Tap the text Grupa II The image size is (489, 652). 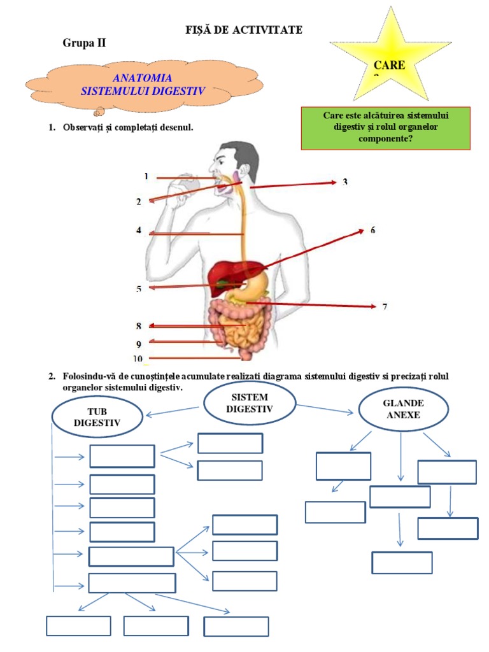coord(84,43)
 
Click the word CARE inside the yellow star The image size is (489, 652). coord(389,64)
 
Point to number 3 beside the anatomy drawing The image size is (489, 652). coord(345,182)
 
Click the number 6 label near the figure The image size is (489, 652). coord(373,230)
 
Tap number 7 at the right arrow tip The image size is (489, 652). coord(385,307)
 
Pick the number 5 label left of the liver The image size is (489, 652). coord(138,289)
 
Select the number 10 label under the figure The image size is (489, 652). coord(138,358)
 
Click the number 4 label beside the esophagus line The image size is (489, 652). coord(138,230)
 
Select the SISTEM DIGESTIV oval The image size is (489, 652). coord(249,403)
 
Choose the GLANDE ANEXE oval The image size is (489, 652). coord(403,409)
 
